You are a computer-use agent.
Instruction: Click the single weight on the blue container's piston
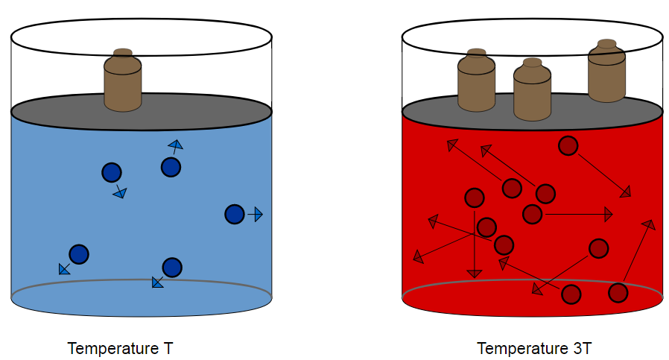coord(123,81)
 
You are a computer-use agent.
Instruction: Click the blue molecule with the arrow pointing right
coord(234,215)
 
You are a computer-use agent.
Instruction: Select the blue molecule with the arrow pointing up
coord(171,168)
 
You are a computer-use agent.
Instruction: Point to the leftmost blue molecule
coord(79,254)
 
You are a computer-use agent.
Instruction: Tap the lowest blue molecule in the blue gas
coord(172,267)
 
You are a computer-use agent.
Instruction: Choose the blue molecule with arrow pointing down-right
coord(111,173)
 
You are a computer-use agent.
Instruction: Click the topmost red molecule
coord(568,146)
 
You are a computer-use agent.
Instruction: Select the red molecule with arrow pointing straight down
coord(475,198)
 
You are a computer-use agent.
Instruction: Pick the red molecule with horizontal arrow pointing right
coord(532,214)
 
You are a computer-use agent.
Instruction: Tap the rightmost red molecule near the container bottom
coord(618,293)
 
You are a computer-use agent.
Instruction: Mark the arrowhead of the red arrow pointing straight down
coord(474,273)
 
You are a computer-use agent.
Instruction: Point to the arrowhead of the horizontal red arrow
coord(609,215)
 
